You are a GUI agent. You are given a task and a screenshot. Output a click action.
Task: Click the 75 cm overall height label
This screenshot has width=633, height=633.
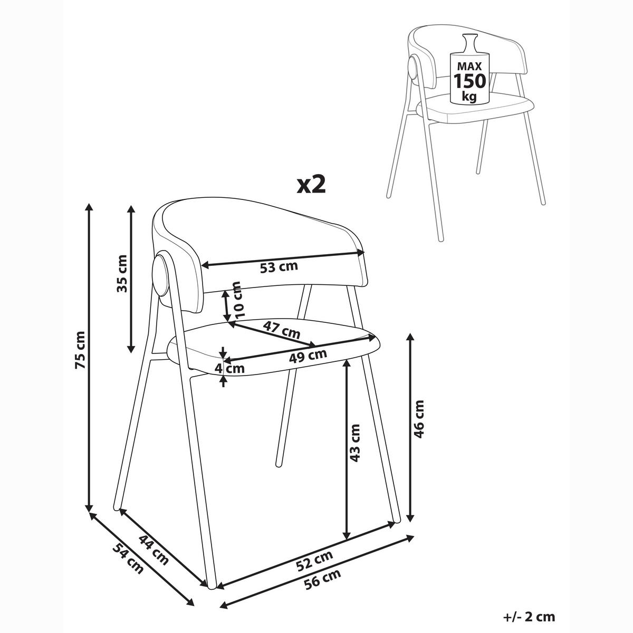pyautogui.click(x=81, y=350)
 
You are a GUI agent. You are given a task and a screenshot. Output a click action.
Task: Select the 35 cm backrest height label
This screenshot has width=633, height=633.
pyautogui.click(x=121, y=274)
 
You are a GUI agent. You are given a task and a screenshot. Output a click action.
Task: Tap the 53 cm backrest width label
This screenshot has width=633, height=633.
pyautogui.click(x=279, y=267)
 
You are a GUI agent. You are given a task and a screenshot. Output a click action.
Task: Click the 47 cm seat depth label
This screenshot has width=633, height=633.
pyautogui.click(x=282, y=330)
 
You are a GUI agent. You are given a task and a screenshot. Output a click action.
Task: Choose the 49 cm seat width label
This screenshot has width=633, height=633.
pyautogui.click(x=308, y=355)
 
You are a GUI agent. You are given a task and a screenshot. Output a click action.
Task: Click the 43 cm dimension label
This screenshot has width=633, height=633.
pyautogui.click(x=355, y=443)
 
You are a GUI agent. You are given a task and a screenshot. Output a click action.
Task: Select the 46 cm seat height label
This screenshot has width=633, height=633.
pyautogui.click(x=419, y=419)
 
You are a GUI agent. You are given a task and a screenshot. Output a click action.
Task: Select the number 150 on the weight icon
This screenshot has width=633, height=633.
pyautogui.click(x=469, y=81)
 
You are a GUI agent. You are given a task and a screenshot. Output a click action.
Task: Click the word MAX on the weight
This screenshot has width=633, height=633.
pyautogui.click(x=469, y=66)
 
